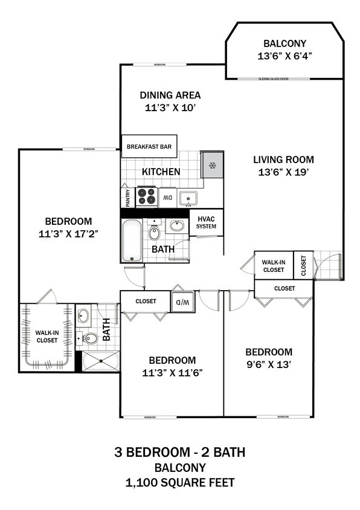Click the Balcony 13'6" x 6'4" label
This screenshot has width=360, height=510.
click(x=284, y=50)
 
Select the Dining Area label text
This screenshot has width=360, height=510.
click(x=170, y=102)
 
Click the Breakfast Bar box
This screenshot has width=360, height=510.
click(x=149, y=146)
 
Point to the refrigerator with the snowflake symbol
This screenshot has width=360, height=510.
click(x=212, y=166)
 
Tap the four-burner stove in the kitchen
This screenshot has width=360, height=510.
click(x=147, y=196)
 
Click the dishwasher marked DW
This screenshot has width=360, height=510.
click(x=167, y=197)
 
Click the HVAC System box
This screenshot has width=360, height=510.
click(x=206, y=223)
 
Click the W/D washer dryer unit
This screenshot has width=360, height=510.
click(x=182, y=302)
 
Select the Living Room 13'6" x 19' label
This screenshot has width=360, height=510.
click(x=283, y=166)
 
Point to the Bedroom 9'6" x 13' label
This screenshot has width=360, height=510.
click(x=268, y=358)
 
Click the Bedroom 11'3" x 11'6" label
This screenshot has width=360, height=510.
click(x=172, y=366)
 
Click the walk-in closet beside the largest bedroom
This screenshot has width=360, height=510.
click(x=47, y=336)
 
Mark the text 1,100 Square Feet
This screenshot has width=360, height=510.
click(x=179, y=482)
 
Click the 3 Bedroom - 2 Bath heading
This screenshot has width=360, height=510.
click(x=179, y=452)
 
